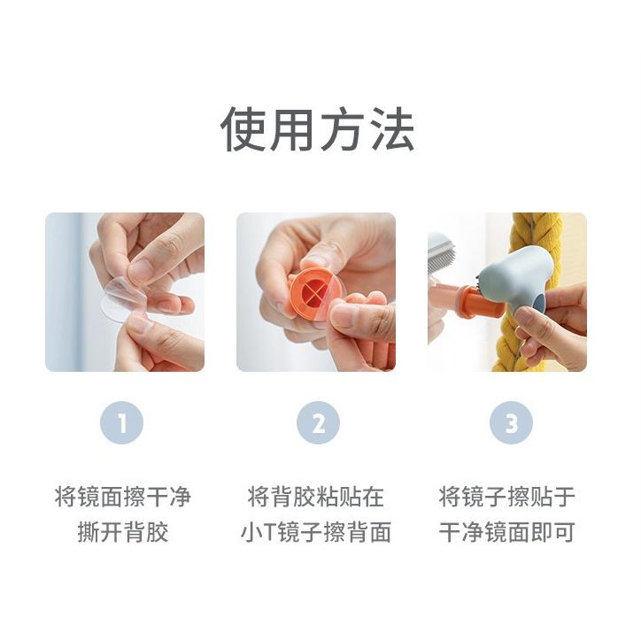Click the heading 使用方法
pyautogui.click(x=317, y=131)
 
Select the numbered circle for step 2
pyautogui.click(x=317, y=424)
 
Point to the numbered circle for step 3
pyautogui.click(x=511, y=424)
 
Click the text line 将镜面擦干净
pyautogui.click(x=124, y=497)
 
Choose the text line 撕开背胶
pyautogui.click(x=124, y=532)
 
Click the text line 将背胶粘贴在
pyautogui.click(x=316, y=497)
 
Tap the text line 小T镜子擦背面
pyautogui.click(x=316, y=532)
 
